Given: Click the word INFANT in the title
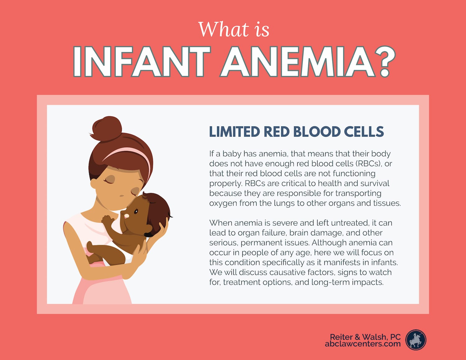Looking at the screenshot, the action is (x=142, y=61).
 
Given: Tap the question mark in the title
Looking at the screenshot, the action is (x=384, y=61).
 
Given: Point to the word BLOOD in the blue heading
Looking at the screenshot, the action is (x=317, y=131).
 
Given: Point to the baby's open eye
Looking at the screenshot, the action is (x=136, y=212).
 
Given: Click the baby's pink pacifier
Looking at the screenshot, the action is (x=127, y=216).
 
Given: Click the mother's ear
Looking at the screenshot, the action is (x=94, y=183).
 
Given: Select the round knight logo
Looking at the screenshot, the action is (x=416, y=340).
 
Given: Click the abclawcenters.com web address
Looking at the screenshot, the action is (x=363, y=344).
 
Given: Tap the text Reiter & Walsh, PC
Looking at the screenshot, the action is (x=365, y=337).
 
